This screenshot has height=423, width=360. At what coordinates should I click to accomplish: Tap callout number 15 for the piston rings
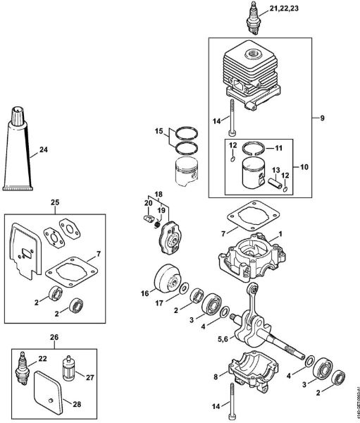pyautogui.click(x=160, y=130)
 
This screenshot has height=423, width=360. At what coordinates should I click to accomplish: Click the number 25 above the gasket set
pyautogui.click(x=54, y=202)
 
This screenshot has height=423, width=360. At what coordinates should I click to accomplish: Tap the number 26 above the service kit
pyautogui.click(x=54, y=337)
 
